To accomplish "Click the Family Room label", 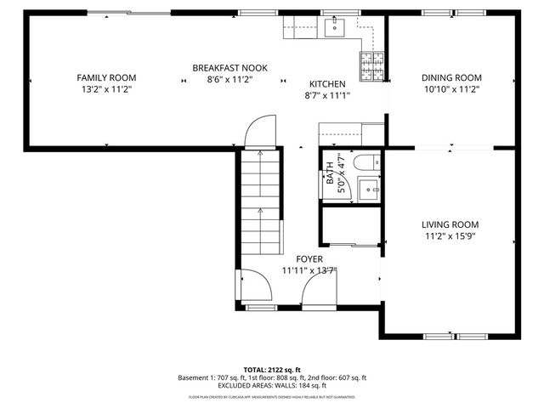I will [x=105, y=77].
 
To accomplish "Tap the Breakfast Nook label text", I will [x=223, y=68].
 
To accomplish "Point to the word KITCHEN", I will [x=326, y=84].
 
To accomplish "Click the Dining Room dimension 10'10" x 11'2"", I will [x=451, y=88].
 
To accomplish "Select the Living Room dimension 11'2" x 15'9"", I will [x=450, y=237].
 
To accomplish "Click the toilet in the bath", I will [x=367, y=163].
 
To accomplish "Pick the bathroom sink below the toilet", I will [x=369, y=188].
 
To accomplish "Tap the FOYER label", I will [x=309, y=259].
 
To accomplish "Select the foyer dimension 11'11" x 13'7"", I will [x=309, y=271].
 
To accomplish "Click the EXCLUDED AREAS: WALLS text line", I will [x=272, y=386].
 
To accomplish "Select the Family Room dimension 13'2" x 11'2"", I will [x=105, y=88].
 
